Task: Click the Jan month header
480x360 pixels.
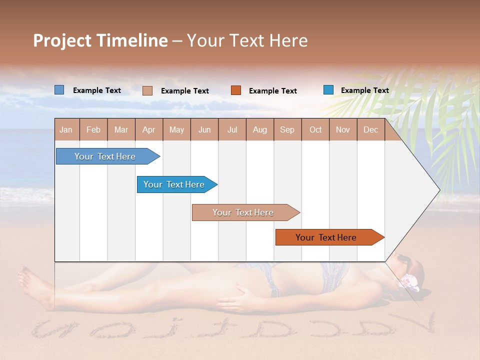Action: (66, 129)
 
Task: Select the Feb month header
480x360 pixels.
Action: (93, 129)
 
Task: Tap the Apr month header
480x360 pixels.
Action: (148, 129)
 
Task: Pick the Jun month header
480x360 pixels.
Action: (204, 129)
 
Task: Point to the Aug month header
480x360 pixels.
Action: (259, 129)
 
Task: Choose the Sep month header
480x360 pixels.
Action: (287, 129)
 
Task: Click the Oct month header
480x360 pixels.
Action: (315, 129)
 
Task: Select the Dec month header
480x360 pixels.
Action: (370, 129)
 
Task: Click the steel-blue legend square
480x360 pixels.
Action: (59, 90)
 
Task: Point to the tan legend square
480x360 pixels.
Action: (147, 90)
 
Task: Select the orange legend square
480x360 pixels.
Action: (236, 90)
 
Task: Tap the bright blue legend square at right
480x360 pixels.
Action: (328, 90)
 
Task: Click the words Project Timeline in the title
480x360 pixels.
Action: (100, 40)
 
